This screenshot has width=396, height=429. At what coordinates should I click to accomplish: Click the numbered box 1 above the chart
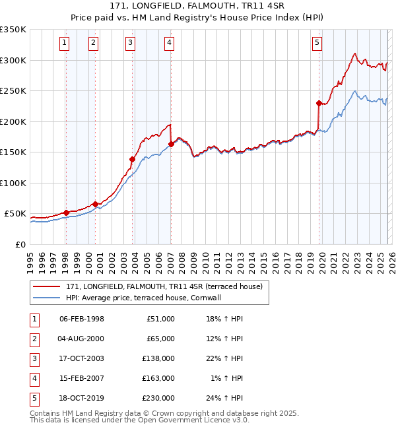pyautogui.click(x=65, y=43)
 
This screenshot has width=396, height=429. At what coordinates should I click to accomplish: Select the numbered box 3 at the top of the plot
pyautogui.click(x=131, y=43)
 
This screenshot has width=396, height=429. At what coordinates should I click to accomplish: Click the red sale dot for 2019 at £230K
pyautogui.click(x=319, y=103)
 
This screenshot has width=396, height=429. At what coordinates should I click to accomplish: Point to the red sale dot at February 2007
pyautogui.click(x=171, y=144)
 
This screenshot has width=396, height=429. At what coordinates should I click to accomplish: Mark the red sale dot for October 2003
pyautogui.click(x=133, y=159)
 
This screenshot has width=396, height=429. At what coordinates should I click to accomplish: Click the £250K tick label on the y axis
pyautogui.click(x=13, y=91)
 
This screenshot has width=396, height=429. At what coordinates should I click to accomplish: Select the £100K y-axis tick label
pyautogui.click(x=13, y=183)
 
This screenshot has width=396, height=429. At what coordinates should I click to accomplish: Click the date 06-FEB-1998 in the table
pyautogui.click(x=82, y=319)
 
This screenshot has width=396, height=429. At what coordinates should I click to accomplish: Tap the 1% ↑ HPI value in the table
pyautogui.click(x=228, y=378)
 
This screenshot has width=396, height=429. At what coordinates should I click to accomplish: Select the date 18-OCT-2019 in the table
pyautogui.click(x=82, y=397)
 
